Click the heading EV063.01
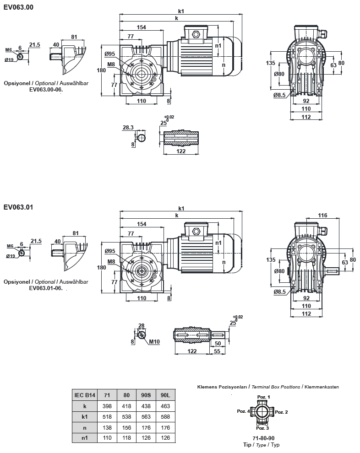point(18,207)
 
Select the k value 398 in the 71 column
point(107,406)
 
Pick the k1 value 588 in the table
point(164,416)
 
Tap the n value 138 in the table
point(107,427)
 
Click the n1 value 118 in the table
point(126,438)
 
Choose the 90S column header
point(145,395)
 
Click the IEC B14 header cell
point(84,395)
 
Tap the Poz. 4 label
point(243,411)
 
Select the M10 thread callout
point(154,341)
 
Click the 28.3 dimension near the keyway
point(128,128)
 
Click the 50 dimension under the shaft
point(218,343)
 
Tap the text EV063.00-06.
point(46,90)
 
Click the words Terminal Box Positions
point(275,387)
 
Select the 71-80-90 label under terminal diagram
point(262,438)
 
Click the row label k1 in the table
point(84,416)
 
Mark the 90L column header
point(164,395)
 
